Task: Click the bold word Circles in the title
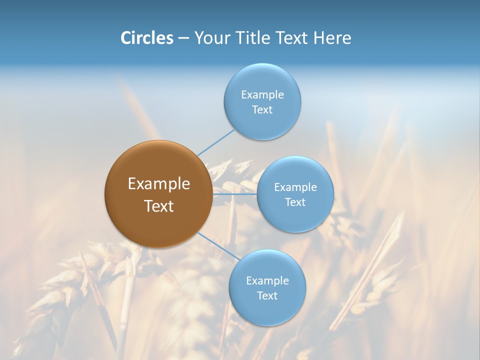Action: [x=147, y=38]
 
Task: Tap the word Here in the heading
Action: [x=332, y=38]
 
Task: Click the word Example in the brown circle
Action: [x=159, y=184]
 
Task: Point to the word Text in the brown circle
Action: [x=159, y=206]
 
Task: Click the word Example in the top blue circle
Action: [x=262, y=95]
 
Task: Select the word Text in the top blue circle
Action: [x=262, y=110]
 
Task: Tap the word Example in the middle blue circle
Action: [x=295, y=187]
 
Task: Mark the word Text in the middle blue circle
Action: [x=295, y=202]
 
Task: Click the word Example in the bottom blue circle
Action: [x=267, y=281]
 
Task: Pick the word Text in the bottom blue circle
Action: [x=267, y=296]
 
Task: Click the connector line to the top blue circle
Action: [x=216, y=142]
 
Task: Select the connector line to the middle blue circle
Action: [x=235, y=194]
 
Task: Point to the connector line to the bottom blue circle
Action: [x=218, y=246]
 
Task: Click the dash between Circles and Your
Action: [x=183, y=38]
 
